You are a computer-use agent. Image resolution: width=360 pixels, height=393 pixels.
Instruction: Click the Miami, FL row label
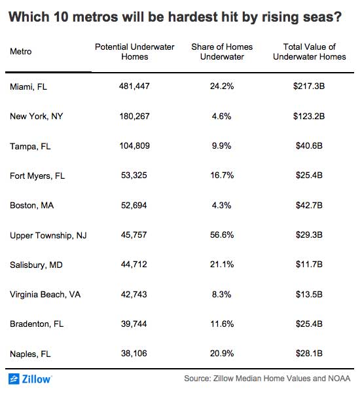point(28,86)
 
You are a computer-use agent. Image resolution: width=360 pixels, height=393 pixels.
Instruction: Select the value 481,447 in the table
point(134,86)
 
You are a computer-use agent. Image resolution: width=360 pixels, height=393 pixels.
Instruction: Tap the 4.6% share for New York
point(221,116)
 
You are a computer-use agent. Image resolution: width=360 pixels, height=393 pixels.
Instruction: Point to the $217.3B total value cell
point(309,86)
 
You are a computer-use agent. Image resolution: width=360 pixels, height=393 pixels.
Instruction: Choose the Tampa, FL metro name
point(30,146)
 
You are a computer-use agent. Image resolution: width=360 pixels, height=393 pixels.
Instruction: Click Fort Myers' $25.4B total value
point(309,175)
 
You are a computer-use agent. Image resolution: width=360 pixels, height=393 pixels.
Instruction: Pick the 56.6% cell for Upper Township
point(222,235)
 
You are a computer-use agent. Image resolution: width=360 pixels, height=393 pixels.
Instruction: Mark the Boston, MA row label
point(31,205)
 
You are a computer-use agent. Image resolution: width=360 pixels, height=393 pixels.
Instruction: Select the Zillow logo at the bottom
point(30,379)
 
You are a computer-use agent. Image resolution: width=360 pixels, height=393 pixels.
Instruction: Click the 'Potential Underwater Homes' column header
point(135,52)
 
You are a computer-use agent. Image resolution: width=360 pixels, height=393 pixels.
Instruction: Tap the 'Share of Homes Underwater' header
point(222,52)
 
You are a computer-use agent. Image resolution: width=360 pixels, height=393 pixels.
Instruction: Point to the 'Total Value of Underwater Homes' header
point(310,52)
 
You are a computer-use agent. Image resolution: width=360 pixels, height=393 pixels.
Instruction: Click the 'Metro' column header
point(20,52)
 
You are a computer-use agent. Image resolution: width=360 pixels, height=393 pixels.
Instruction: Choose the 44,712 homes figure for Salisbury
point(134,265)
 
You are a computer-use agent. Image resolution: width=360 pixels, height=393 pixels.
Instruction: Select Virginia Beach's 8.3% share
point(221,294)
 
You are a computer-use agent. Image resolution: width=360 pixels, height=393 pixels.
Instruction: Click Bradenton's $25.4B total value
point(309,324)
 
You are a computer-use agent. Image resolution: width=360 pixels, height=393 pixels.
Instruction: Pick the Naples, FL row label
point(30,354)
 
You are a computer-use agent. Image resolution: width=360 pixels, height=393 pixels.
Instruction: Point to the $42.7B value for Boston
point(309,205)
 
